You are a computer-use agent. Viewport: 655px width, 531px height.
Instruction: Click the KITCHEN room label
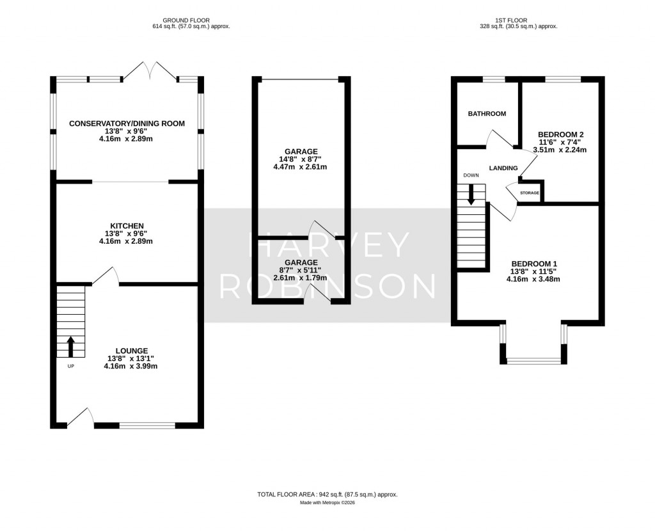coord(126,226)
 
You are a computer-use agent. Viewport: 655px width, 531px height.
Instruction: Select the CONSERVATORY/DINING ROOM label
coord(127,123)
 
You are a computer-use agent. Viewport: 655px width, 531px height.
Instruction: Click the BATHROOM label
coord(487,114)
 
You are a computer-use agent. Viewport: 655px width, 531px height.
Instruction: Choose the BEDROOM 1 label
coord(534,264)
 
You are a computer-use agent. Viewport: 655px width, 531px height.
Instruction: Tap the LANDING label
coord(503,168)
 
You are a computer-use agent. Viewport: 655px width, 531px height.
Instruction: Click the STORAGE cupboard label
coord(529,193)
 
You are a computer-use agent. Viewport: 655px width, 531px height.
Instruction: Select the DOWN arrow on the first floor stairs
coord(471,194)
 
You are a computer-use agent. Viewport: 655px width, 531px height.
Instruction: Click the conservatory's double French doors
coord(149,72)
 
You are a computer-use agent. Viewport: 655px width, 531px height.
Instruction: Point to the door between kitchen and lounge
coord(106,276)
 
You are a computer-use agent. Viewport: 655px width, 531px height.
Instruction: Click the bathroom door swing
coord(501,137)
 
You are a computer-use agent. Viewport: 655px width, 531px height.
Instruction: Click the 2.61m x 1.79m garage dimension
coord(301,278)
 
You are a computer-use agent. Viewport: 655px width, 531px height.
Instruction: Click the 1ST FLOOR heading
coord(518,20)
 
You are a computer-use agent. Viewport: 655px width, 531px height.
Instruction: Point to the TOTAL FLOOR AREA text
coord(327,495)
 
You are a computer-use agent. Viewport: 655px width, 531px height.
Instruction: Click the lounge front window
coord(147,425)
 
